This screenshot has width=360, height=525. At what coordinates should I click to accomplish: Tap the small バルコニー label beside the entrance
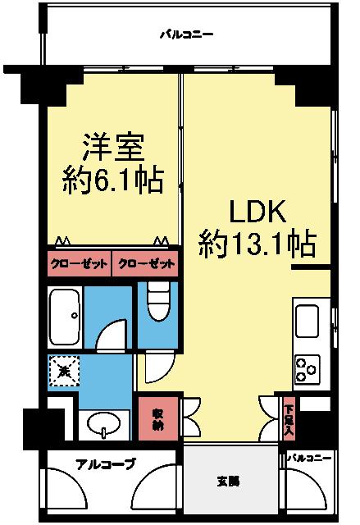[311, 457]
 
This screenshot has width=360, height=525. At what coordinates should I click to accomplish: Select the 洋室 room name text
[113, 148]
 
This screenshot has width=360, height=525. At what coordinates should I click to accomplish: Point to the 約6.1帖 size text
[112, 178]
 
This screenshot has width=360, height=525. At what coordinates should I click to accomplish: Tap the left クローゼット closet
[78, 263]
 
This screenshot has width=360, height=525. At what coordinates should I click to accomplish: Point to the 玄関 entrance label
[229, 482]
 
